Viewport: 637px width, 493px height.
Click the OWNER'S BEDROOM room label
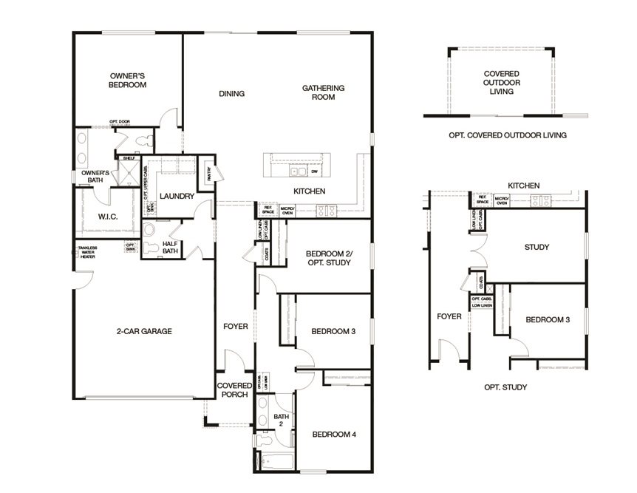pos(128,80)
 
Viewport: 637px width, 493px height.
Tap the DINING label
pos(231,94)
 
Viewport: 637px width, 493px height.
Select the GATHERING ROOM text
pos(323,92)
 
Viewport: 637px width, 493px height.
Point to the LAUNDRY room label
pos(177,196)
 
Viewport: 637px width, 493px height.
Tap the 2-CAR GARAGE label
pos(144,331)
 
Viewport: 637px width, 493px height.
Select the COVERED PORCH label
pos(234,390)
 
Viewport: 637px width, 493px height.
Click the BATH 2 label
pos(279,421)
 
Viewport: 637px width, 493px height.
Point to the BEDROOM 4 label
pos(334,434)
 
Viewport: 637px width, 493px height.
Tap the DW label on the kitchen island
pos(314,171)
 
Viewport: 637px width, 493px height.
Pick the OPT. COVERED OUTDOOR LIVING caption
pos(507,135)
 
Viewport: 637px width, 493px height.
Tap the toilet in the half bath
pos(149,249)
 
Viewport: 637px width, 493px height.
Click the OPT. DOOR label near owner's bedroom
pos(119,121)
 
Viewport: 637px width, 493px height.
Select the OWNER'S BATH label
pos(95,177)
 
